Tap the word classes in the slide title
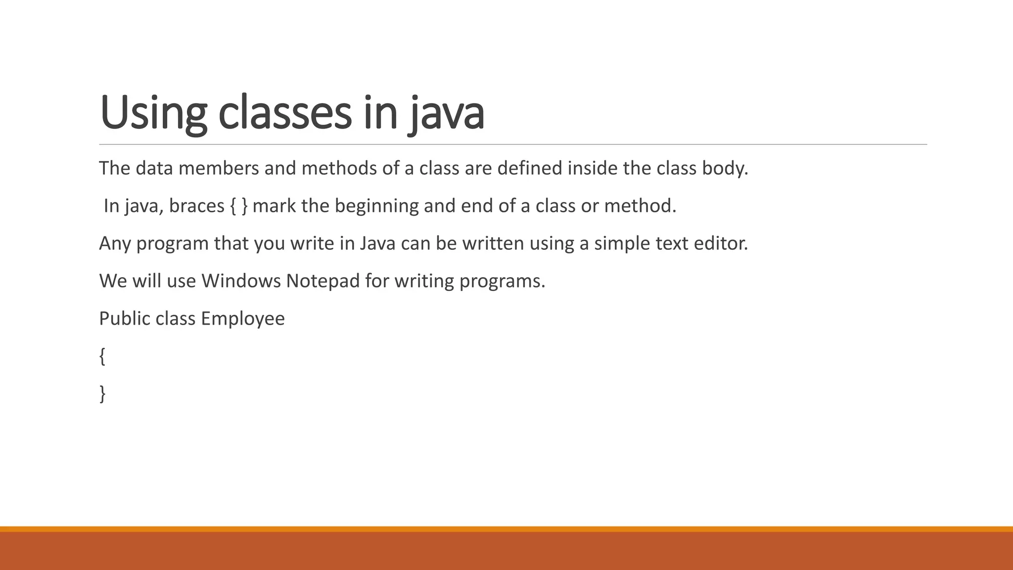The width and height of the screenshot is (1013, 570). click(285, 113)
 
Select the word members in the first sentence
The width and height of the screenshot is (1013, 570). click(219, 169)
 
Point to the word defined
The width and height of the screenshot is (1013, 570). click(529, 169)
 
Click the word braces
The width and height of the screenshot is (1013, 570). click(196, 206)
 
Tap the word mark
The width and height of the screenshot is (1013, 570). click(274, 206)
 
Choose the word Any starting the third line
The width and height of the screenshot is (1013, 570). click(115, 243)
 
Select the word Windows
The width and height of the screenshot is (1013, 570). click(241, 281)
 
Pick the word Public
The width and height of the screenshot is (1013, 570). click(124, 319)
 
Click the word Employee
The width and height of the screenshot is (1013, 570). click(242, 319)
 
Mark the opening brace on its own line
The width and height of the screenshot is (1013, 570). click(102, 356)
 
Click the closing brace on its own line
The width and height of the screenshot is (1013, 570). click(102, 394)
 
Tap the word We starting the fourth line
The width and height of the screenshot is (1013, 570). click(113, 281)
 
